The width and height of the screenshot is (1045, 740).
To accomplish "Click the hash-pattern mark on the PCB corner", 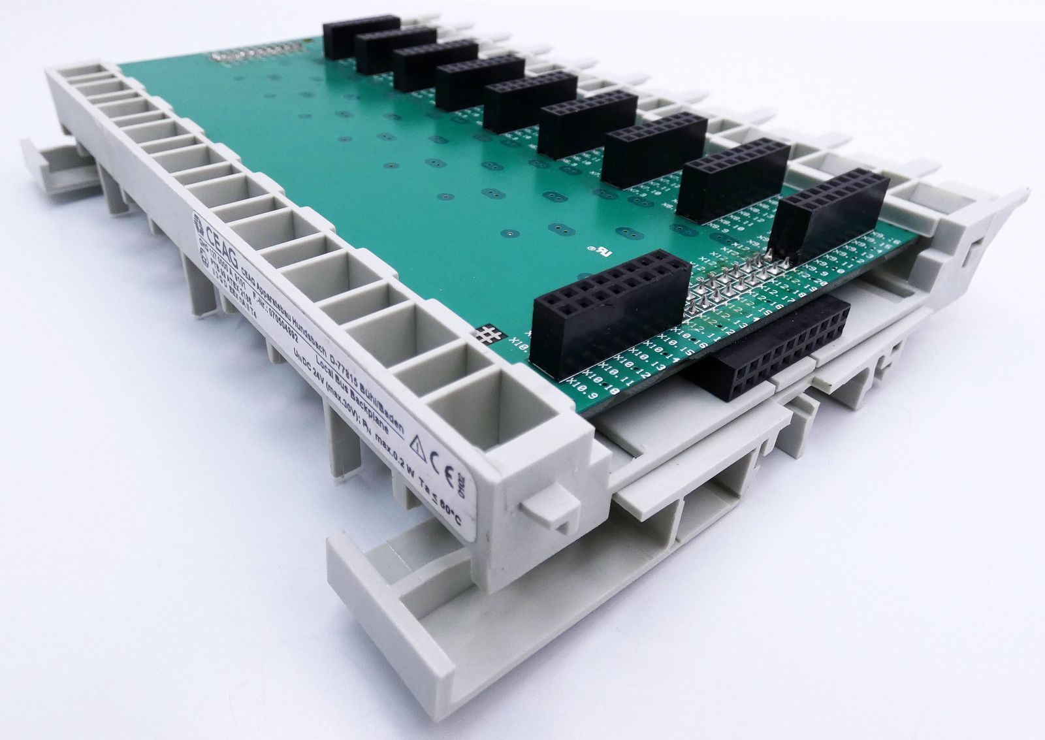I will pyautogui.click(x=488, y=334).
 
